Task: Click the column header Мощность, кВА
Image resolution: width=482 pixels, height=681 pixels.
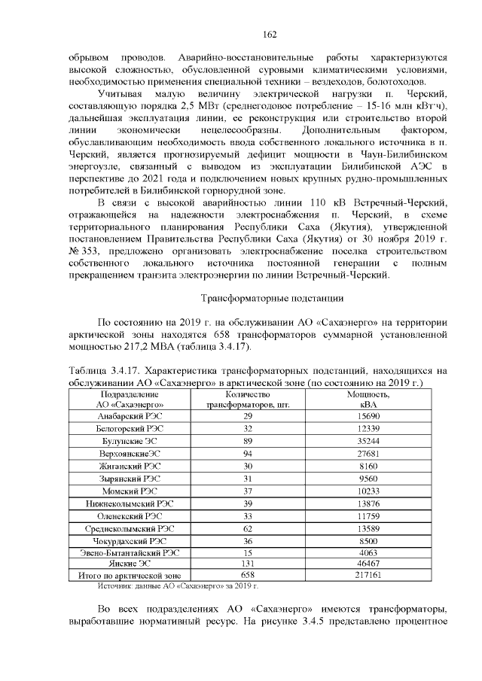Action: coord(368,399)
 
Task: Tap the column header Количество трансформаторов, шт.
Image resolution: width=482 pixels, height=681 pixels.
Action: coord(248,399)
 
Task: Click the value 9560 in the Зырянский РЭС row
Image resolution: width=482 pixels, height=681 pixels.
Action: coord(368,479)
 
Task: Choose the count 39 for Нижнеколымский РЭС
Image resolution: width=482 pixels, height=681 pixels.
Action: coord(248,503)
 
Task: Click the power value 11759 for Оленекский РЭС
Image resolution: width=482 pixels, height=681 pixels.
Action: coord(368,515)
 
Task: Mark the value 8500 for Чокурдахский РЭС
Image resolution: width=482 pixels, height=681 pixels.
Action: coord(368,540)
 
